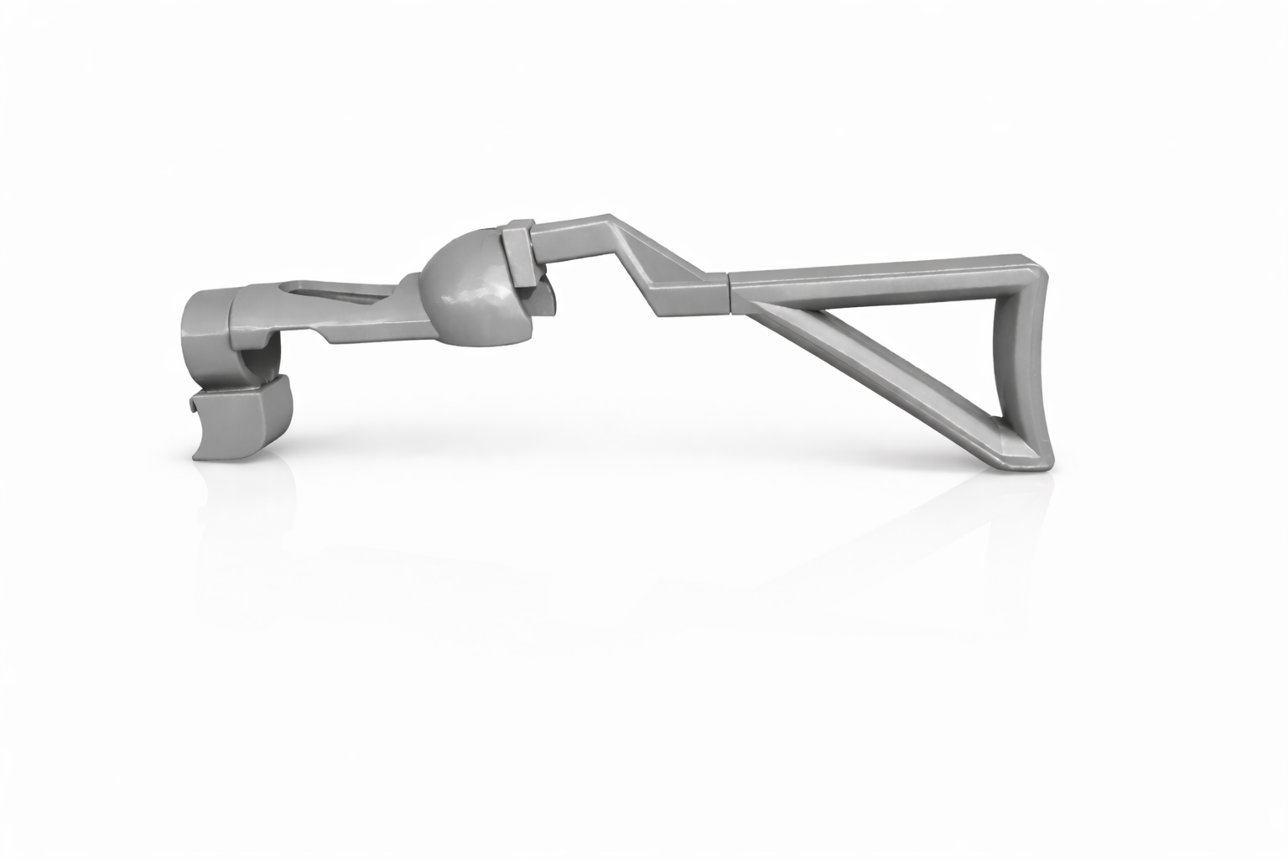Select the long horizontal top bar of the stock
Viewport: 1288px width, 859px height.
point(880,273)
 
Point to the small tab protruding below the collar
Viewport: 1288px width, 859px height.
point(543,298)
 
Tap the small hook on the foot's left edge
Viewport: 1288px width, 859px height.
point(192,407)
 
